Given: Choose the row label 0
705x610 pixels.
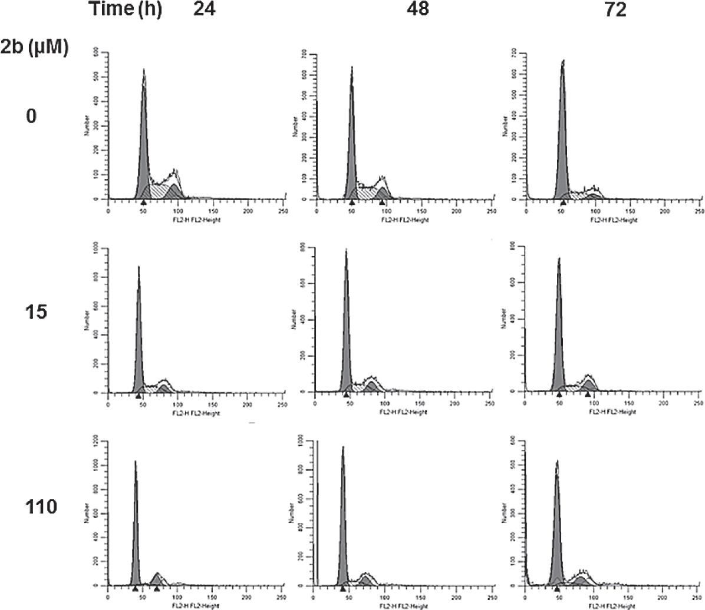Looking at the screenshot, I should coord(31,117).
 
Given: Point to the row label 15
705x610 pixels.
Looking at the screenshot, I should coord(36,311).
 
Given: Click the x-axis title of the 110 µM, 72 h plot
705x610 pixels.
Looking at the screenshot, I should coord(612,605).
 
